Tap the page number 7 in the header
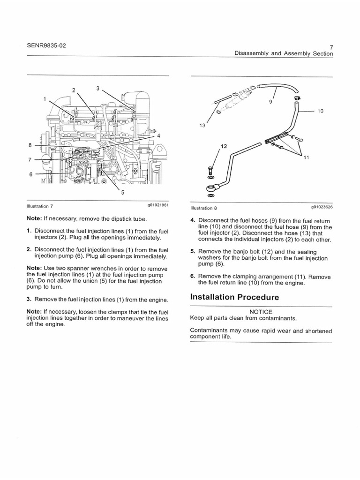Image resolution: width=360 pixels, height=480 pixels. pos(331,47)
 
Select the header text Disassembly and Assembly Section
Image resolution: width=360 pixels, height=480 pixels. pos(284,54)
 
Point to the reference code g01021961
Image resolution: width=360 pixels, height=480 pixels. pos(157,206)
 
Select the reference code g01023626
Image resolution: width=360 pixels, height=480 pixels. pos(321,206)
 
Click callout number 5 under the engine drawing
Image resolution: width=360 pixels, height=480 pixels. pos(123,192)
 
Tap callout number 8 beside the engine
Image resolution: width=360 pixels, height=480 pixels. pos(30,145)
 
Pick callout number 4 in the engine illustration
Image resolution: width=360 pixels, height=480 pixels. pos(158,135)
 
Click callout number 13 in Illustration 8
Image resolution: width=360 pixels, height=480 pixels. pos(202,125)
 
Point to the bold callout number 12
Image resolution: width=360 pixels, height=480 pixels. pos(223,147)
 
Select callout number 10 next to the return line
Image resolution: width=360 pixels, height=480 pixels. pos(321,111)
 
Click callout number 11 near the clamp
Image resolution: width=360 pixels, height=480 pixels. pos(307,157)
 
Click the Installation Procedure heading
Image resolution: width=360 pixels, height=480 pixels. pos(234,297)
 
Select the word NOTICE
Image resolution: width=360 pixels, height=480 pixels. pos(261,312)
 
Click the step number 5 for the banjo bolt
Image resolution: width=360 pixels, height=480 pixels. pos(192,251)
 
